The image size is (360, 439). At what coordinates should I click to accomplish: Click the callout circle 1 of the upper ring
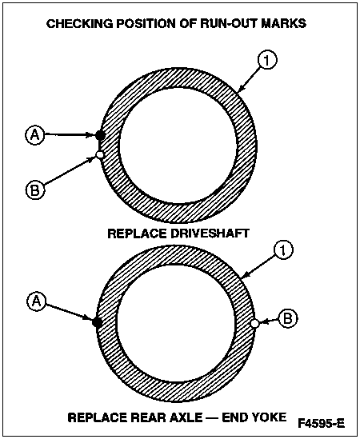(267, 60)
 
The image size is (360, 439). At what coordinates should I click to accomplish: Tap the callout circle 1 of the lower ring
(283, 250)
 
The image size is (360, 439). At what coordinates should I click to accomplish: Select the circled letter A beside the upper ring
(34, 134)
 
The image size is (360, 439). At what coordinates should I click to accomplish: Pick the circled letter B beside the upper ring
(35, 190)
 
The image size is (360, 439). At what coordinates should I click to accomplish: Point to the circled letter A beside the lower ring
(37, 301)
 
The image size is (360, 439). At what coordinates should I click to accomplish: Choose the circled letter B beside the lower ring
(288, 318)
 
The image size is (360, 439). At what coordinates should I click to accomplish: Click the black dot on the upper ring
(100, 135)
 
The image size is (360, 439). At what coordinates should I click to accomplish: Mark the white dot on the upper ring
(100, 154)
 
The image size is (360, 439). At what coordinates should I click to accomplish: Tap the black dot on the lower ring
(97, 321)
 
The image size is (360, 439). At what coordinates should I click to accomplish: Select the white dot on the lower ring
(254, 323)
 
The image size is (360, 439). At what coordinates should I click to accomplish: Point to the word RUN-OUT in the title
(227, 23)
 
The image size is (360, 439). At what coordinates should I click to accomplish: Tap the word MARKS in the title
(283, 23)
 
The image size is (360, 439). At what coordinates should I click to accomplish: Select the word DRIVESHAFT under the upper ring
(210, 233)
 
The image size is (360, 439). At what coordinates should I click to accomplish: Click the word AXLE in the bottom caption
(186, 417)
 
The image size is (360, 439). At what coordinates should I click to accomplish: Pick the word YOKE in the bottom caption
(270, 417)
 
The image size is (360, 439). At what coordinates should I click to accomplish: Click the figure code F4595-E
(321, 423)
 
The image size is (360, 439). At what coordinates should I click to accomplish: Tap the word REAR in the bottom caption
(148, 417)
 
